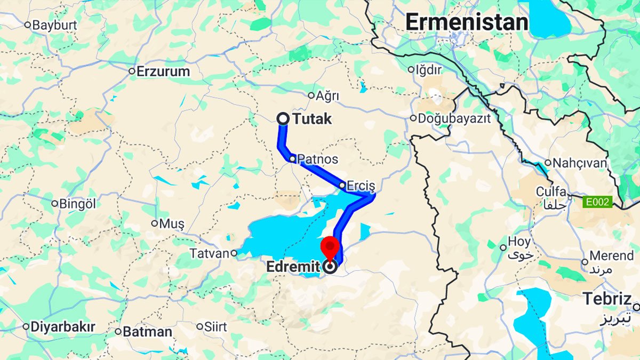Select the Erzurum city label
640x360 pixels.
[x=163, y=71]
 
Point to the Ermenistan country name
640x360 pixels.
[x=466, y=22]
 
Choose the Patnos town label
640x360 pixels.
[x=317, y=159]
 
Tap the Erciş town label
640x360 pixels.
[x=361, y=186]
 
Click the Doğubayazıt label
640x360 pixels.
[x=454, y=118]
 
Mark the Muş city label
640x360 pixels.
[x=171, y=223]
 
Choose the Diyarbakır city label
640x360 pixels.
[x=62, y=326]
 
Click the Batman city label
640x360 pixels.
[x=147, y=332]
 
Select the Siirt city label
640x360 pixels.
[x=215, y=326]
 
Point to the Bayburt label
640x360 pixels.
[x=54, y=25]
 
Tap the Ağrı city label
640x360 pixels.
[x=327, y=96]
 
